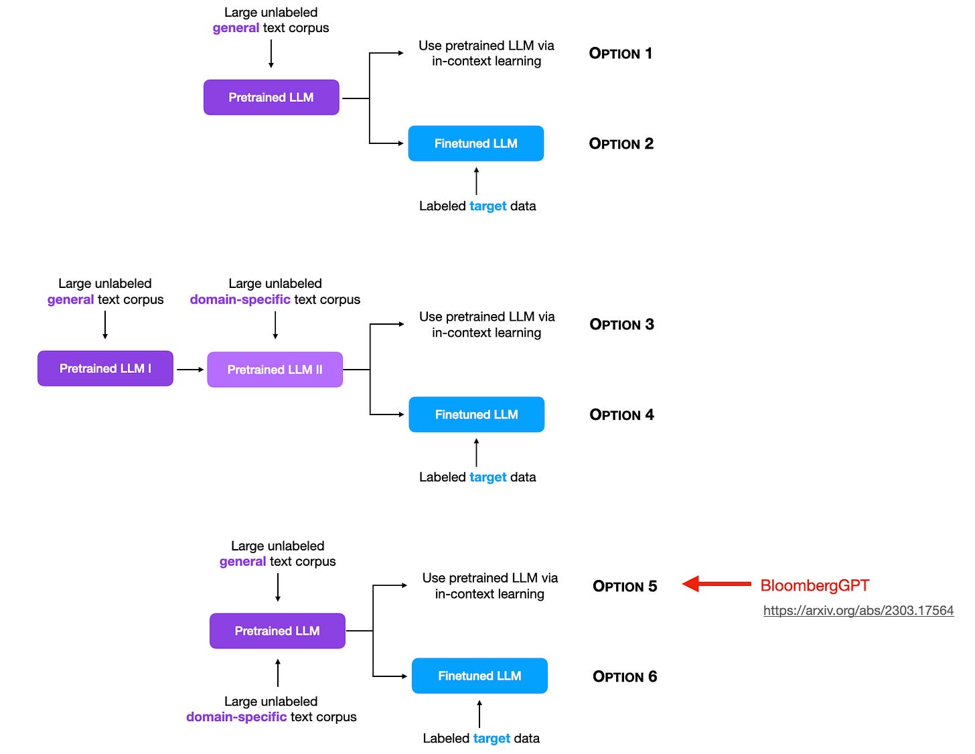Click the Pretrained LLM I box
[105, 368]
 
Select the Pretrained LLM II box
[275, 370]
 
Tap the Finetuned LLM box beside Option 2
[475, 143]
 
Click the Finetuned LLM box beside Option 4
[476, 414]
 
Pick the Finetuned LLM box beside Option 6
[479, 676]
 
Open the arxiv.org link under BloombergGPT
[858, 610]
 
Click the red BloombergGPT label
[814, 585]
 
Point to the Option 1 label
[620, 54]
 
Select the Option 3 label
[621, 325]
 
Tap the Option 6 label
[625, 676]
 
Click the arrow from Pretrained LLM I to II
[190, 370]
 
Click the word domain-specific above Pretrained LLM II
[240, 299]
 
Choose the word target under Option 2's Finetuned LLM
[487, 206]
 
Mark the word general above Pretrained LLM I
[70, 299]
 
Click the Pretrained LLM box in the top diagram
[271, 97]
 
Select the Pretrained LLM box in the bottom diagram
[277, 631]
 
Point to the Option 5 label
[625, 587]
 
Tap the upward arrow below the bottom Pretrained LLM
[278, 672]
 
